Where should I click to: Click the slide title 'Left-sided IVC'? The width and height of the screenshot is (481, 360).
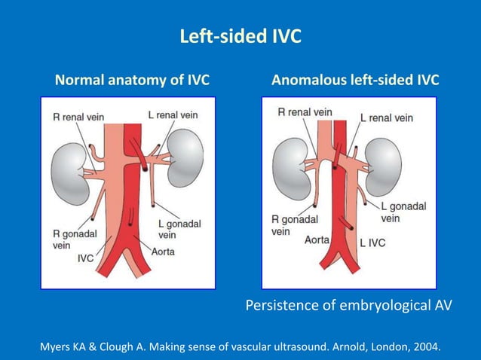[240, 36]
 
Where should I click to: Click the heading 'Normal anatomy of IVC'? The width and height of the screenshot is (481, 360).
[132, 80]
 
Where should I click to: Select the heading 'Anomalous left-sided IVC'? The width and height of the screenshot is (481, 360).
[355, 80]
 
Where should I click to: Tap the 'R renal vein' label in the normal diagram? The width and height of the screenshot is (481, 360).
[78, 117]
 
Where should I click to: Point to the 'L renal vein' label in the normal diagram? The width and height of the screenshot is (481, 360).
[173, 115]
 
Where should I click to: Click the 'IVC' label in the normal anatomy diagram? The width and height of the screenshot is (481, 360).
[86, 258]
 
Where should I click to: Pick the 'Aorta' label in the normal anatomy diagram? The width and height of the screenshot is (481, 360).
[163, 252]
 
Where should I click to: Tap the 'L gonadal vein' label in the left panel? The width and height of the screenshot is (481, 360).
[179, 229]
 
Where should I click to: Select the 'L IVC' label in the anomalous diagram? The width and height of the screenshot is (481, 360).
[372, 243]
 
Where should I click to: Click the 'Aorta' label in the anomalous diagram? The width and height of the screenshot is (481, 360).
[317, 239]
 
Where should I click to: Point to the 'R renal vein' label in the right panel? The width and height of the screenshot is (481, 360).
[305, 112]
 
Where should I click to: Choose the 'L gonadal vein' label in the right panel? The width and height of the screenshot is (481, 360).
[403, 212]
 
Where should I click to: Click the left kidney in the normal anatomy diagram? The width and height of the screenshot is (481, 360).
[185, 158]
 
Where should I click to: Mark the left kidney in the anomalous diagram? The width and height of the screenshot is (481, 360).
[384, 167]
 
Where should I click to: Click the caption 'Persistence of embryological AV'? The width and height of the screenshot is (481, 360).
[349, 306]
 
